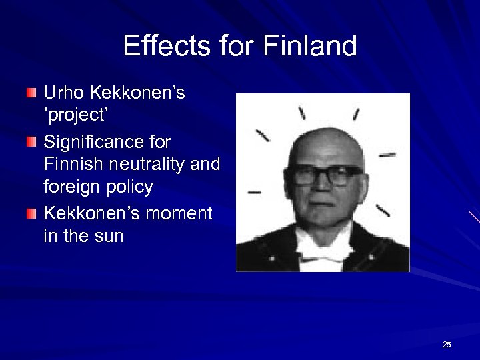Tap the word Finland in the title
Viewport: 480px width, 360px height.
point(310,47)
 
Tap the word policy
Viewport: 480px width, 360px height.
point(131,187)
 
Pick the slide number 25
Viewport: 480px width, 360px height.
point(447,345)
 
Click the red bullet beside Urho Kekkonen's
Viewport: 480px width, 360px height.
point(32,93)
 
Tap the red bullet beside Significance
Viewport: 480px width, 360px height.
point(32,142)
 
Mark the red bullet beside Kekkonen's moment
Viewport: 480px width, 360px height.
point(32,213)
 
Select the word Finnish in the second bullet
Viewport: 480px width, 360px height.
point(73,164)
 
